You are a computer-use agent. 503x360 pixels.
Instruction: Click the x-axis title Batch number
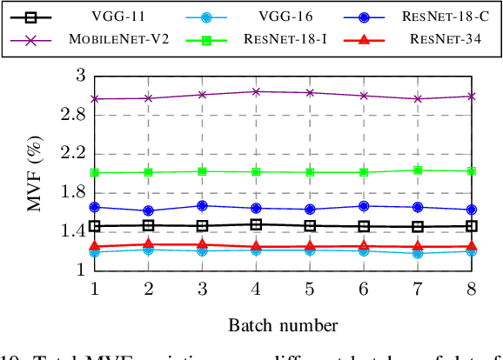(283, 325)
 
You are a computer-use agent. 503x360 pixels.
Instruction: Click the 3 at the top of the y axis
(80, 77)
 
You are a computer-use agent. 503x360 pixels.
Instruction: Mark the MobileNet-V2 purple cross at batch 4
(256, 91)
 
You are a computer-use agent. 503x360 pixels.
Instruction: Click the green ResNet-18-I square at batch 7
(417, 170)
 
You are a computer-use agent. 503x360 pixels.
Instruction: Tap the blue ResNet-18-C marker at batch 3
(202, 206)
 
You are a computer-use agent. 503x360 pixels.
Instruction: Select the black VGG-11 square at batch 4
(256, 224)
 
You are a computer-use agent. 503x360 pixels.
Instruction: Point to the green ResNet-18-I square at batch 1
(95, 173)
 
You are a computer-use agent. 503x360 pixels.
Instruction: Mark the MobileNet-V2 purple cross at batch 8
(471, 96)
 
